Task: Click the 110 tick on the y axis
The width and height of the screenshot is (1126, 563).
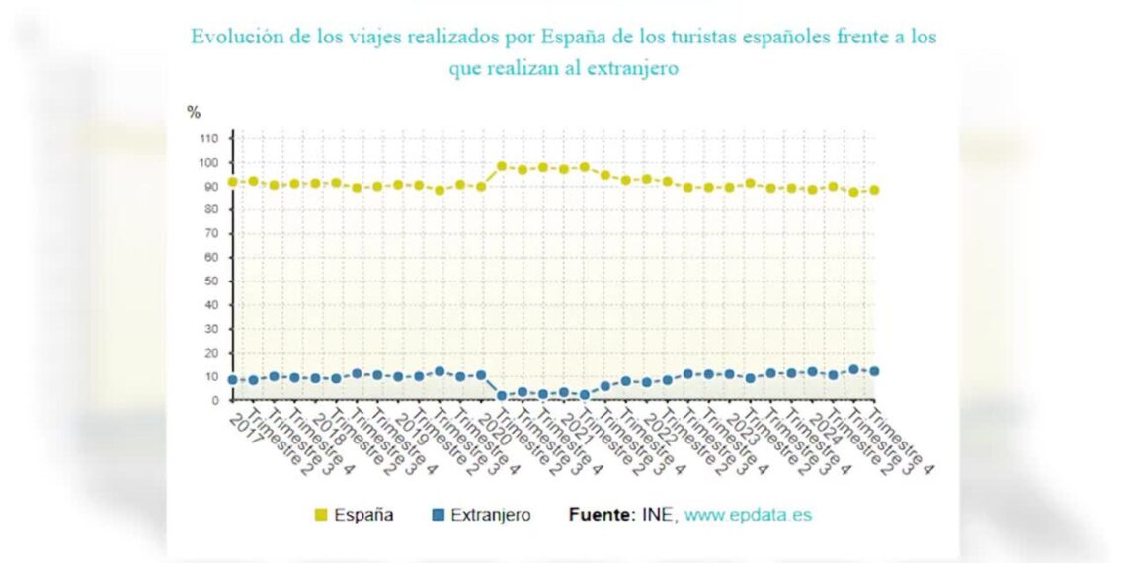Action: click(207, 138)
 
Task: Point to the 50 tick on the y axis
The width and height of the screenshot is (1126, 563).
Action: click(210, 281)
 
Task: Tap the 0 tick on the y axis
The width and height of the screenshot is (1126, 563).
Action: click(213, 401)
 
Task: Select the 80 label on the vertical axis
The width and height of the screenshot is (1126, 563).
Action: click(210, 210)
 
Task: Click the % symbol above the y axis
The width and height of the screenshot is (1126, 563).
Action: click(194, 112)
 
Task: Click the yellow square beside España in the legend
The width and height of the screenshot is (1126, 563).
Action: click(320, 515)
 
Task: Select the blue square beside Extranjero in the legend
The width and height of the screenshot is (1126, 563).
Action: click(438, 515)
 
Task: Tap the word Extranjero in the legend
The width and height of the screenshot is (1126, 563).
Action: click(491, 515)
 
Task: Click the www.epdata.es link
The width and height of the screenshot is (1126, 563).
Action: click(748, 515)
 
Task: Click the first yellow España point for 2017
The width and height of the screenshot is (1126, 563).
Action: click(233, 182)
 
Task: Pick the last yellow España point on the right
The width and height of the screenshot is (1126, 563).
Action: click(874, 190)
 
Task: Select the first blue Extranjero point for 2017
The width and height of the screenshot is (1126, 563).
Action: click(233, 380)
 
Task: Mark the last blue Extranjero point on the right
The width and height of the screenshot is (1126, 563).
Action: click(874, 371)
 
